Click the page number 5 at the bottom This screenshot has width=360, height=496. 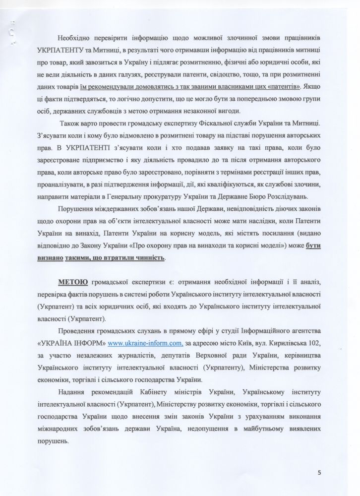pyautogui.click(x=320, y=472)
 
